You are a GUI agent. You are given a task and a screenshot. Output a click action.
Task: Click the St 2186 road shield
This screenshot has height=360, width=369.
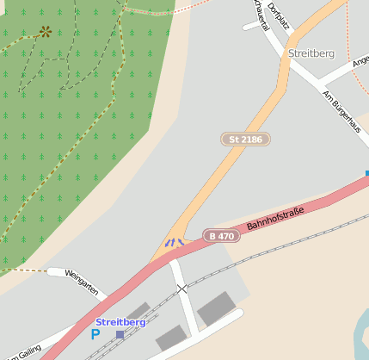(x=245, y=139)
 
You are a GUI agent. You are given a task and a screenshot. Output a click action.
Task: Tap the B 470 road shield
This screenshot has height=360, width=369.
(x=221, y=235)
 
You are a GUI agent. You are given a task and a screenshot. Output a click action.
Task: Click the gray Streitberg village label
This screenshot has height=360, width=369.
(x=311, y=53)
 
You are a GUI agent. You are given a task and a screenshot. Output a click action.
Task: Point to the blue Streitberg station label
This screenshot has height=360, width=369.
(x=120, y=322)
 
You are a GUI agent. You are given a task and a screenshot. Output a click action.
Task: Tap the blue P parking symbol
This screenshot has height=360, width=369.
(x=95, y=334)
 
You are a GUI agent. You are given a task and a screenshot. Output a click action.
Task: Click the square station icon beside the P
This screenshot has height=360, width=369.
(x=120, y=334)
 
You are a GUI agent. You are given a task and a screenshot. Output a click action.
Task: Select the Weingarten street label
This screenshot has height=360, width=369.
(x=84, y=283)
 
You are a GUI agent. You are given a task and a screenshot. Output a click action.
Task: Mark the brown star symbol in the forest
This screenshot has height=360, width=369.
(x=45, y=32)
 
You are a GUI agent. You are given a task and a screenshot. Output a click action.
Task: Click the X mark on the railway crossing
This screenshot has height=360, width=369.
(x=182, y=289)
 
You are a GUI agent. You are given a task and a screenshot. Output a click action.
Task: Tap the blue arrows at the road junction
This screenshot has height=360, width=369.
(x=175, y=243)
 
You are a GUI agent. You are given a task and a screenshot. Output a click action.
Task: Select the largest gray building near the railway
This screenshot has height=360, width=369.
(x=215, y=308)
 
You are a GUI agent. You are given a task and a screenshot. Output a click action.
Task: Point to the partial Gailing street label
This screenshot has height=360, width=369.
(x=25, y=352)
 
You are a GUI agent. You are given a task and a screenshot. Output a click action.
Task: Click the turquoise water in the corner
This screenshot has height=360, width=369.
(x=361, y=327)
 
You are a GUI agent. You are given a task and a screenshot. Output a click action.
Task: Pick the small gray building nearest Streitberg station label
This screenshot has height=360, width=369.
(x=137, y=311)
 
